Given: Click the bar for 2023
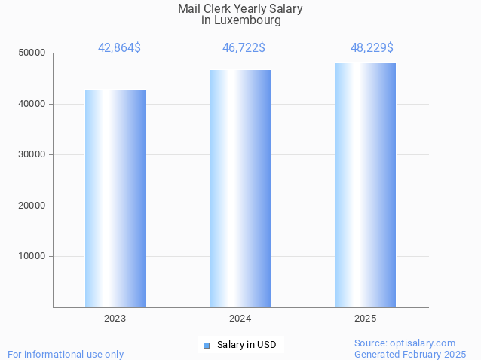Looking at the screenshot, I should [115, 198].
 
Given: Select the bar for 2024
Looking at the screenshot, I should [240, 188].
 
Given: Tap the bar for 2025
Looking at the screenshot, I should [366, 185].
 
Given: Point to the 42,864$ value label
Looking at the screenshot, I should [119, 48].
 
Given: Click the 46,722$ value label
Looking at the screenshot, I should [244, 48].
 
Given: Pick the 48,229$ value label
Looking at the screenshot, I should [372, 48].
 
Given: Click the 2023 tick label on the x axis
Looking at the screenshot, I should [115, 319].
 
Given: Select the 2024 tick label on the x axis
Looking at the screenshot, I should [240, 319].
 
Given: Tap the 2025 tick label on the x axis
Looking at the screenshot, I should [366, 319].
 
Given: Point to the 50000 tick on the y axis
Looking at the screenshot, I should [32, 53].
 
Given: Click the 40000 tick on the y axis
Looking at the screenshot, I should [32, 104].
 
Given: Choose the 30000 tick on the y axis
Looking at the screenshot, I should [32, 154].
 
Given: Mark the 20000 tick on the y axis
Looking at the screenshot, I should [32, 206].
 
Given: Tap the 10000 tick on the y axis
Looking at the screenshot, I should [32, 256].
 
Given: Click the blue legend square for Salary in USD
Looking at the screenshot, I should [206, 346].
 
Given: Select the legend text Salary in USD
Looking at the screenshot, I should [247, 346].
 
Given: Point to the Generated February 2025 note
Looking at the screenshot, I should [410, 354].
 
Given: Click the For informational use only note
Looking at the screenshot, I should [66, 354].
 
